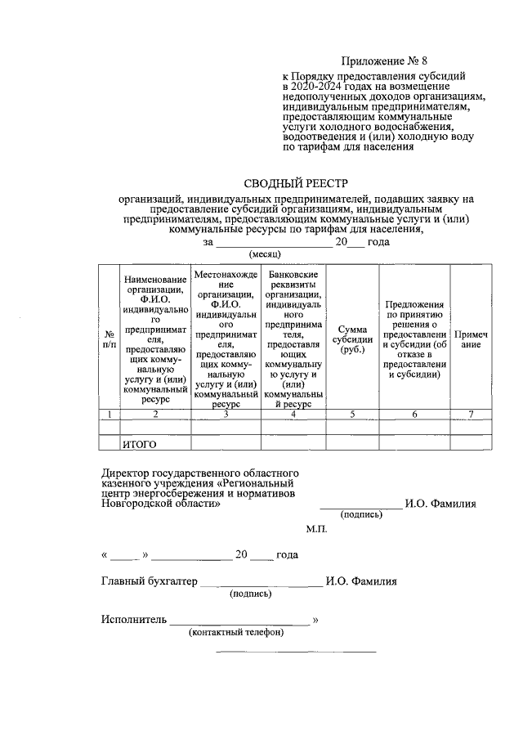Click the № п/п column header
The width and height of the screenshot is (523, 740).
click(x=109, y=339)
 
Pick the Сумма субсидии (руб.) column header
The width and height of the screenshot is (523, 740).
click(x=352, y=339)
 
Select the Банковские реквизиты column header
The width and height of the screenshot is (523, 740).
click(x=293, y=339)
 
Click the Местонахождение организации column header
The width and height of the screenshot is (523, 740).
click(x=226, y=339)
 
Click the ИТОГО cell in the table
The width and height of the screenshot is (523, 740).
click(x=139, y=445)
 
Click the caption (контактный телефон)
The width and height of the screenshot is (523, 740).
click(x=236, y=632)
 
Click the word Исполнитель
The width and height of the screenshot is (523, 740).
click(x=134, y=619)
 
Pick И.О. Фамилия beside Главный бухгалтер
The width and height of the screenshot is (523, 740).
click(x=360, y=582)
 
